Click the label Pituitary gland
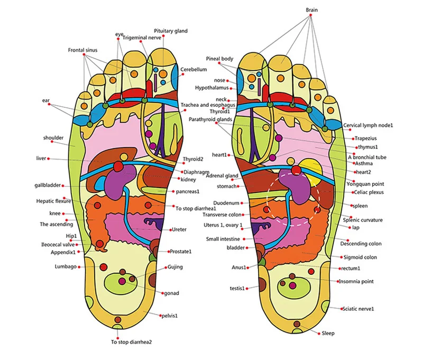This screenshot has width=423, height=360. pyautogui.click(x=170, y=31)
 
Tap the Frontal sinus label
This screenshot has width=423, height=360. pyautogui.click(x=82, y=50)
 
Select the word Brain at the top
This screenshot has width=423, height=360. pyautogui.click(x=311, y=10)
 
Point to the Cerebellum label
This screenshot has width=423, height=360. pyautogui.click(x=194, y=69)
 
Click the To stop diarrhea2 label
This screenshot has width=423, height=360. pyautogui.click(x=131, y=342)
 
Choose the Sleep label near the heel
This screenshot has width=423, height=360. pyautogui.click(x=328, y=333)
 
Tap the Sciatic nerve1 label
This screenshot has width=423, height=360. pyautogui.click(x=358, y=309)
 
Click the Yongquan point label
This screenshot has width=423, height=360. pyautogui.click(x=365, y=184)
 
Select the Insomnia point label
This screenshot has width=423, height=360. pyautogui.click(x=356, y=282)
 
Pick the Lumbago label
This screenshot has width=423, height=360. pyautogui.click(x=66, y=267)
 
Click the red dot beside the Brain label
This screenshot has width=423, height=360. pyautogui.click(x=310, y=15)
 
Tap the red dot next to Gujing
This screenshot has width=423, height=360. pyautogui.click(x=165, y=267)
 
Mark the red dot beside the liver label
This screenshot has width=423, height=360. pyautogui.click(x=49, y=159)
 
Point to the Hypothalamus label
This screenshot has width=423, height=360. pyautogui.click(x=212, y=88)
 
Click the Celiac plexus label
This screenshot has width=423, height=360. pyautogui.click(x=369, y=192)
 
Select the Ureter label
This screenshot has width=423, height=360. pyautogui.click(x=179, y=230)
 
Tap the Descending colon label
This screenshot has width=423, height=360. pyautogui.click(x=361, y=244)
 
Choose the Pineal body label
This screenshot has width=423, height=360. pyautogui.click(x=219, y=59)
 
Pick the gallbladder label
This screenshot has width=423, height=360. pyautogui.click(x=48, y=185)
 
